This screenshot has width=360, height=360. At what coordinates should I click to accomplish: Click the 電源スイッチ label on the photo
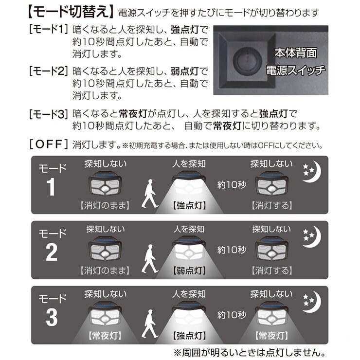click(x=295, y=70)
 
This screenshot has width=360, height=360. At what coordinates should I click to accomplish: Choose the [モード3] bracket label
click(x=49, y=115)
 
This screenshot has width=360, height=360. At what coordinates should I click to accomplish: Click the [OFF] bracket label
click(x=49, y=144)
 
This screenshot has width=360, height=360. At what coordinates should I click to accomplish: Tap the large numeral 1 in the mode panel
click(x=52, y=188)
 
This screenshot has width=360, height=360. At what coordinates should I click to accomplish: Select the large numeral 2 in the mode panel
click(x=52, y=253)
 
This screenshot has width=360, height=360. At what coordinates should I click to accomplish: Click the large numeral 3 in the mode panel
click(x=52, y=318)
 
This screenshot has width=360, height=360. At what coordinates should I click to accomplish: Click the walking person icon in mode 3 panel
click(x=150, y=325)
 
